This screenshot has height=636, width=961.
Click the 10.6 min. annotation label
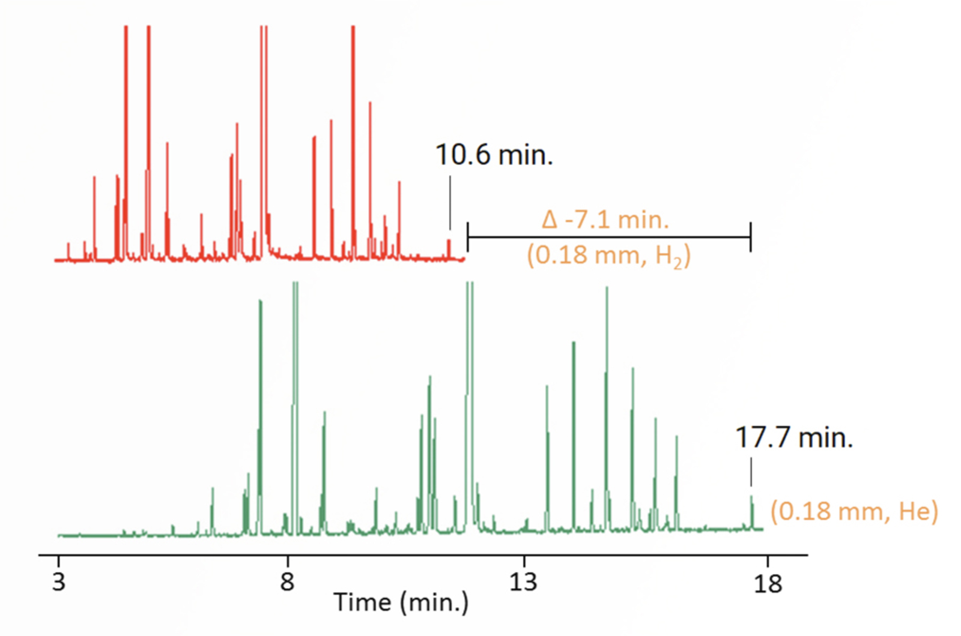494,155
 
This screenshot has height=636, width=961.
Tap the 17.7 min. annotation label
793,438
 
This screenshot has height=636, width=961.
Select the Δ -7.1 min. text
605,220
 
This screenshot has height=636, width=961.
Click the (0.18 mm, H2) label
609,256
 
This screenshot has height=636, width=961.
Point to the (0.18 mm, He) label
854,511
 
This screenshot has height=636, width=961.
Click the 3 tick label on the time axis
58,582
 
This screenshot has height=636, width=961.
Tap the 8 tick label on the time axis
288,582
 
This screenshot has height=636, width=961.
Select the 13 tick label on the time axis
523,582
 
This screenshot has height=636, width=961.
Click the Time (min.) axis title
401,602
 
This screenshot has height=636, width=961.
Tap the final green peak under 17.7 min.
751,510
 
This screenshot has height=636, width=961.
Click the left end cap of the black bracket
467,236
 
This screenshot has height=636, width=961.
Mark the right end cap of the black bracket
750,236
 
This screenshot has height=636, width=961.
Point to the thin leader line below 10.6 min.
450,202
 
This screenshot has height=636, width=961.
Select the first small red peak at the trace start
68,251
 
